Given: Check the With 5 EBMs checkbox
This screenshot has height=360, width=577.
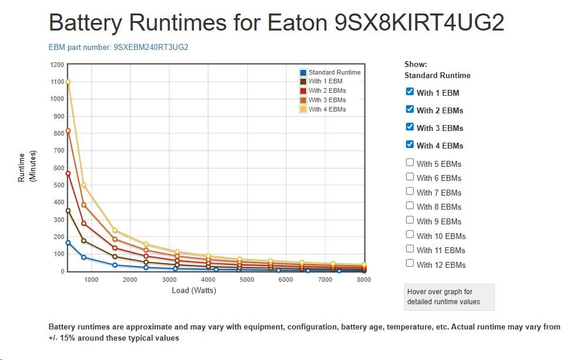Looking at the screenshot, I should (x=410, y=163).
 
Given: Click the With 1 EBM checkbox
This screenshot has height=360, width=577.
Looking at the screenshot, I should (x=410, y=92).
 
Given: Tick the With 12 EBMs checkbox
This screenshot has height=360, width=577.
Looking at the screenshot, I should (x=410, y=264).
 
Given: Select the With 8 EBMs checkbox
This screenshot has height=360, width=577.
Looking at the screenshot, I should (x=410, y=206).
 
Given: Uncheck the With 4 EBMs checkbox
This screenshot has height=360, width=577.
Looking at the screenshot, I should (x=410, y=144).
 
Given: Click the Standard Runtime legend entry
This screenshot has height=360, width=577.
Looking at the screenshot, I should (x=334, y=72).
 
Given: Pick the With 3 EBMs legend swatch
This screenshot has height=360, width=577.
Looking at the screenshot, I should (x=303, y=100).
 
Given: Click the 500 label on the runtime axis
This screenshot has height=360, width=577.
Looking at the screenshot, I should (x=58, y=185).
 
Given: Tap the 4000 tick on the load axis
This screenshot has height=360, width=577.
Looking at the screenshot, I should (x=208, y=280).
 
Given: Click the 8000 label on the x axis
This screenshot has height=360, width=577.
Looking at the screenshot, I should (x=364, y=280).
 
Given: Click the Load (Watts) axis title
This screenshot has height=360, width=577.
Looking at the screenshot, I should (x=194, y=290).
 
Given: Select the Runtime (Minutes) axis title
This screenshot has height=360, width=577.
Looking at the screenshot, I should (x=26, y=167).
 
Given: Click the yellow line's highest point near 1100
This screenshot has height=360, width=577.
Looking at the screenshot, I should (x=68, y=82).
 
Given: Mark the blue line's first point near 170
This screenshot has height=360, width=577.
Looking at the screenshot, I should (x=68, y=243).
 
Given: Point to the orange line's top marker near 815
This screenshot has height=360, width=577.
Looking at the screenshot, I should (x=68, y=131).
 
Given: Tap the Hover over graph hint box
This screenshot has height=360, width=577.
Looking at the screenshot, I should (x=449, y=297).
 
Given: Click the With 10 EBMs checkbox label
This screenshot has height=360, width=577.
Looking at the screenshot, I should (x=441, y=236).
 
